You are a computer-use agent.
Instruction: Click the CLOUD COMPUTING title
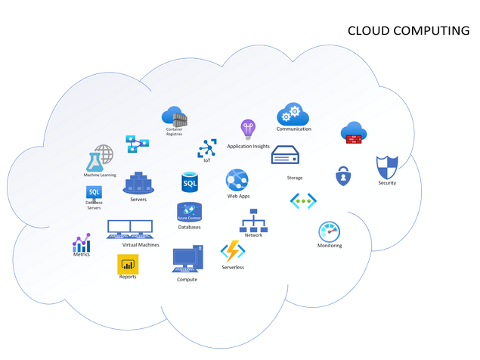point(407,31)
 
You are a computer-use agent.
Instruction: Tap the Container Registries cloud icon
point(174,116)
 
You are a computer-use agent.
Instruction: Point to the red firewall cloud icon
point(354,133)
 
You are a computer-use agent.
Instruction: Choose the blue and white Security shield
point(386,167)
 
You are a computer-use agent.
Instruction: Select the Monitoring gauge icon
point(330,231)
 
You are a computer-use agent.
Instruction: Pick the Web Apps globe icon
point(237,181)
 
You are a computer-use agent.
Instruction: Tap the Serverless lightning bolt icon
point(232,251)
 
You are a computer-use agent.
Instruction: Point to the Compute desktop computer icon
point(187,259)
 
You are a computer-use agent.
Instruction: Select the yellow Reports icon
point(128,264)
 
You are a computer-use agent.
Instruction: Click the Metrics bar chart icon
point(81,243)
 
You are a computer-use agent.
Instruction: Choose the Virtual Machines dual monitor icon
point(130,228)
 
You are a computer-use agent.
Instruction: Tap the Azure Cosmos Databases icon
point(189,212)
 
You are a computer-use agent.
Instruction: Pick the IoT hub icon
point(207,147)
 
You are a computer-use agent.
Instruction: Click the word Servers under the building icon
point(138,200)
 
